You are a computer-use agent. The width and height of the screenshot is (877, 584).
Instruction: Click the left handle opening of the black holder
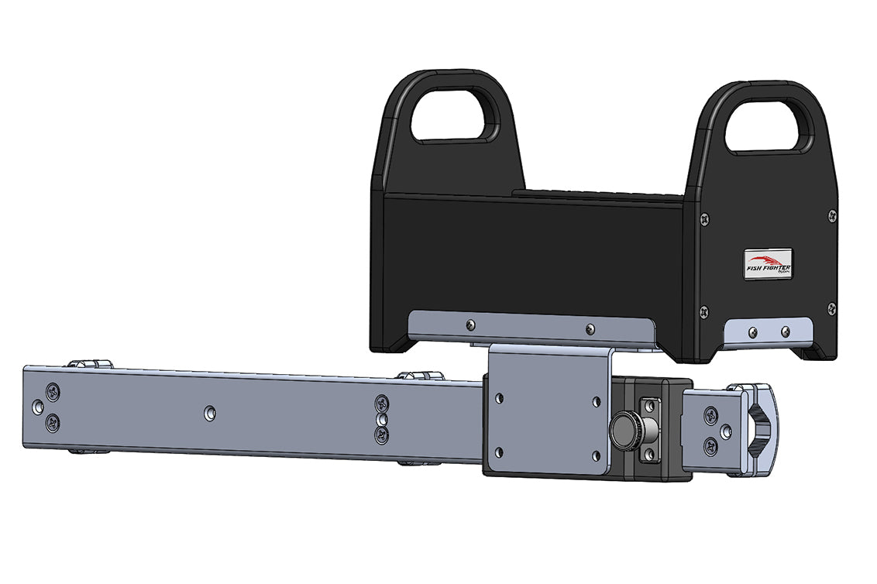pyautogui.click(x=456, y=115)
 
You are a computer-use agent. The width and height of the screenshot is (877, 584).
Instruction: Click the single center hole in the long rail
pyautogui.click(x=209, y=414)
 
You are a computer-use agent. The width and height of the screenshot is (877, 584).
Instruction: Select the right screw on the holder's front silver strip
pyautogui.click(x=590, y=328)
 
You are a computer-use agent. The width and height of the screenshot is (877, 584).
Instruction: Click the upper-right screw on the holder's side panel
pyautogui.click(x=831, y=215)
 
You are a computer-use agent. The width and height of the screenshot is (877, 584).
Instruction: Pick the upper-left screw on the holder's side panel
pyautogui.click(x=703, y=219)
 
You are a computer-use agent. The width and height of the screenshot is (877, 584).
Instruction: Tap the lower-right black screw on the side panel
pyautogui.click(x=831, y=308)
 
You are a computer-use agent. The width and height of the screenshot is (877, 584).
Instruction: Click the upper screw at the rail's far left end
pyautogui.click(x=52, y=389)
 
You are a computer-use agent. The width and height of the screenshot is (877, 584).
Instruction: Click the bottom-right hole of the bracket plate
pyautogui.click(x=596, y=455)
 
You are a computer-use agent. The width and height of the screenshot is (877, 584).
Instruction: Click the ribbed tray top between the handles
pyautogui.click(x=597, y=193)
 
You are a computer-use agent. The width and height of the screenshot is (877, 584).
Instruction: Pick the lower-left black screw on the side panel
pyautogui.click(x=703, y=312)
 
